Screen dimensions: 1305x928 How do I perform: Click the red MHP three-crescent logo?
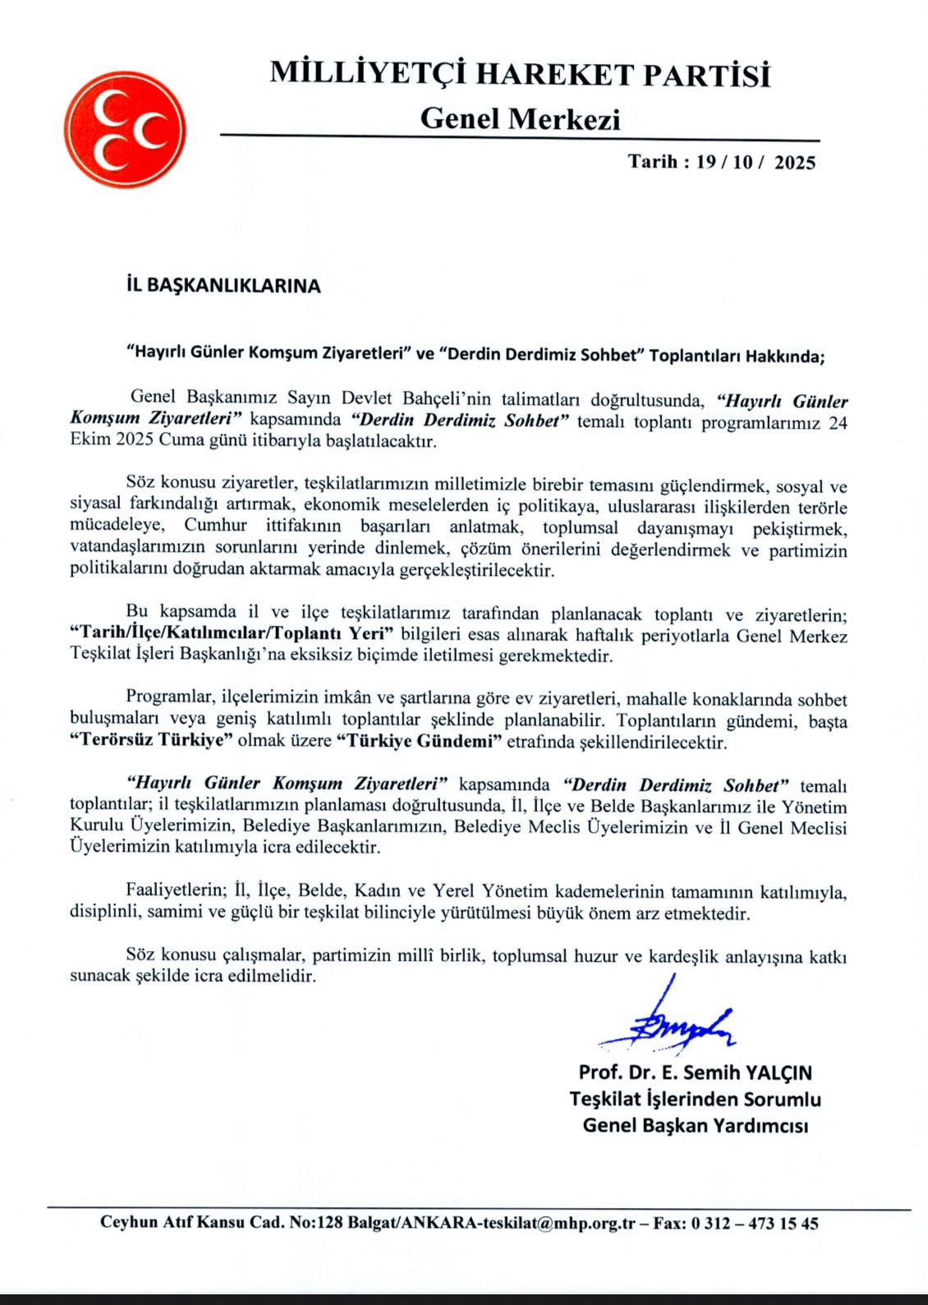[125, 129]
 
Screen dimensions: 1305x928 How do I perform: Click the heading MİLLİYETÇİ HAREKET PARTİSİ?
[520, 75]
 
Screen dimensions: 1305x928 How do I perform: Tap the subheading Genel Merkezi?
[520, 119]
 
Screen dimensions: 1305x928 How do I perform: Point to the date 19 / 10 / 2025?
[756, 162]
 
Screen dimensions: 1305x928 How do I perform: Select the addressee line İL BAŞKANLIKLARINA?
[223, 286]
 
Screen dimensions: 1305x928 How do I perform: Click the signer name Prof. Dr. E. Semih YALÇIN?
[695, 1073]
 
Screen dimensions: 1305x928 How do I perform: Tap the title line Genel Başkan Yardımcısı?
[695, 1125]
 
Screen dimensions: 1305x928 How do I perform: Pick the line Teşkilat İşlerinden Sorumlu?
[695, 1099]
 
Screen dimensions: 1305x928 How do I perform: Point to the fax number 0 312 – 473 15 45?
[755, 1223]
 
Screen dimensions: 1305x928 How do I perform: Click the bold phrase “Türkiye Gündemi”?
[419, 741]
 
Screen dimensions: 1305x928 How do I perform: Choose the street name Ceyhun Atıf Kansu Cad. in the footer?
[193, 1223]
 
